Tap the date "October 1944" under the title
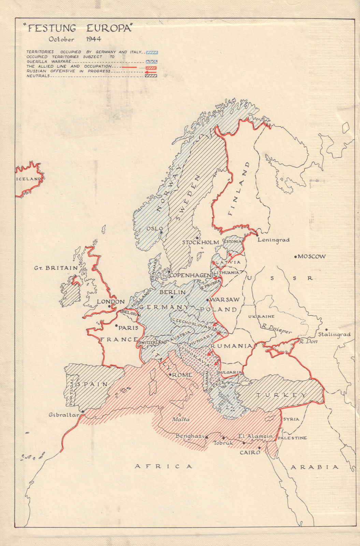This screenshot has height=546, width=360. click(75, 39)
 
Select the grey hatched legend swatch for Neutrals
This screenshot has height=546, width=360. click(151, 76)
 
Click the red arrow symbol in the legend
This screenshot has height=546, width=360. click(151, 72)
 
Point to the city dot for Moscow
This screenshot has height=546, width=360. click(296, 256)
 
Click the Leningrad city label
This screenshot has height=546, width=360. click(274, 240)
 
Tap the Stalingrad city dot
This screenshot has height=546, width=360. click(326, 330)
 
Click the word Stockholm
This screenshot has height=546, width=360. click(200, 242)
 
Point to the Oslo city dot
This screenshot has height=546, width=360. click(161, 232)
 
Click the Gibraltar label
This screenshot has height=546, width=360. click(64, 415)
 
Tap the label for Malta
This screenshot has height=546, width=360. click(181, 419)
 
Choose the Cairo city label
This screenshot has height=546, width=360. click(250, 452)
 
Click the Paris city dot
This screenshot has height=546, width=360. click(116, 325)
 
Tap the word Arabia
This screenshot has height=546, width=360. click(314, 467)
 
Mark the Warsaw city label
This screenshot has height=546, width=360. click(226, 299)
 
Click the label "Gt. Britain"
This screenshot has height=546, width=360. click(56, 268)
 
